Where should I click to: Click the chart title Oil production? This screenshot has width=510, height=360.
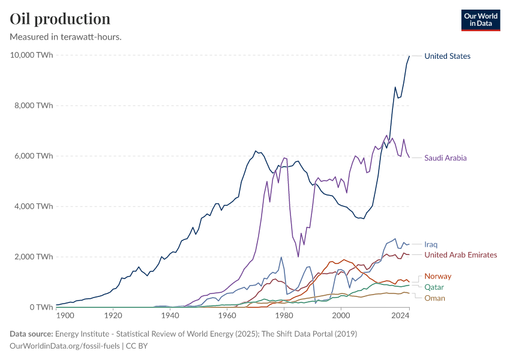point(60,19)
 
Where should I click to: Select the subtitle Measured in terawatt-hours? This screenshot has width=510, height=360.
point(66,37)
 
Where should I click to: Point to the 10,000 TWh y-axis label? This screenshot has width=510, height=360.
point(32,55)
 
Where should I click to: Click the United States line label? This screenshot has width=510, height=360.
point(447,56)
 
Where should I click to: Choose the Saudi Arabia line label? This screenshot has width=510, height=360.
point(445,158)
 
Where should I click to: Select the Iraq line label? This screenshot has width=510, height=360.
point(431,245)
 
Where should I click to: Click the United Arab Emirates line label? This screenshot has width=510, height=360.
point(460,255)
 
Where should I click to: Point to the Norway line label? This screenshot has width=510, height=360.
point(437,276)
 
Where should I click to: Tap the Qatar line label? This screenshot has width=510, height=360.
point(434,287)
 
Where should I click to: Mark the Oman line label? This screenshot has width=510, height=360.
point(434,298)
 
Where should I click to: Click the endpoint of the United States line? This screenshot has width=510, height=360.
point(409,56)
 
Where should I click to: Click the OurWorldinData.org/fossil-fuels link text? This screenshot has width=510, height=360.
point(65,346)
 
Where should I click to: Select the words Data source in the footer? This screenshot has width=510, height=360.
point(31,334)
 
